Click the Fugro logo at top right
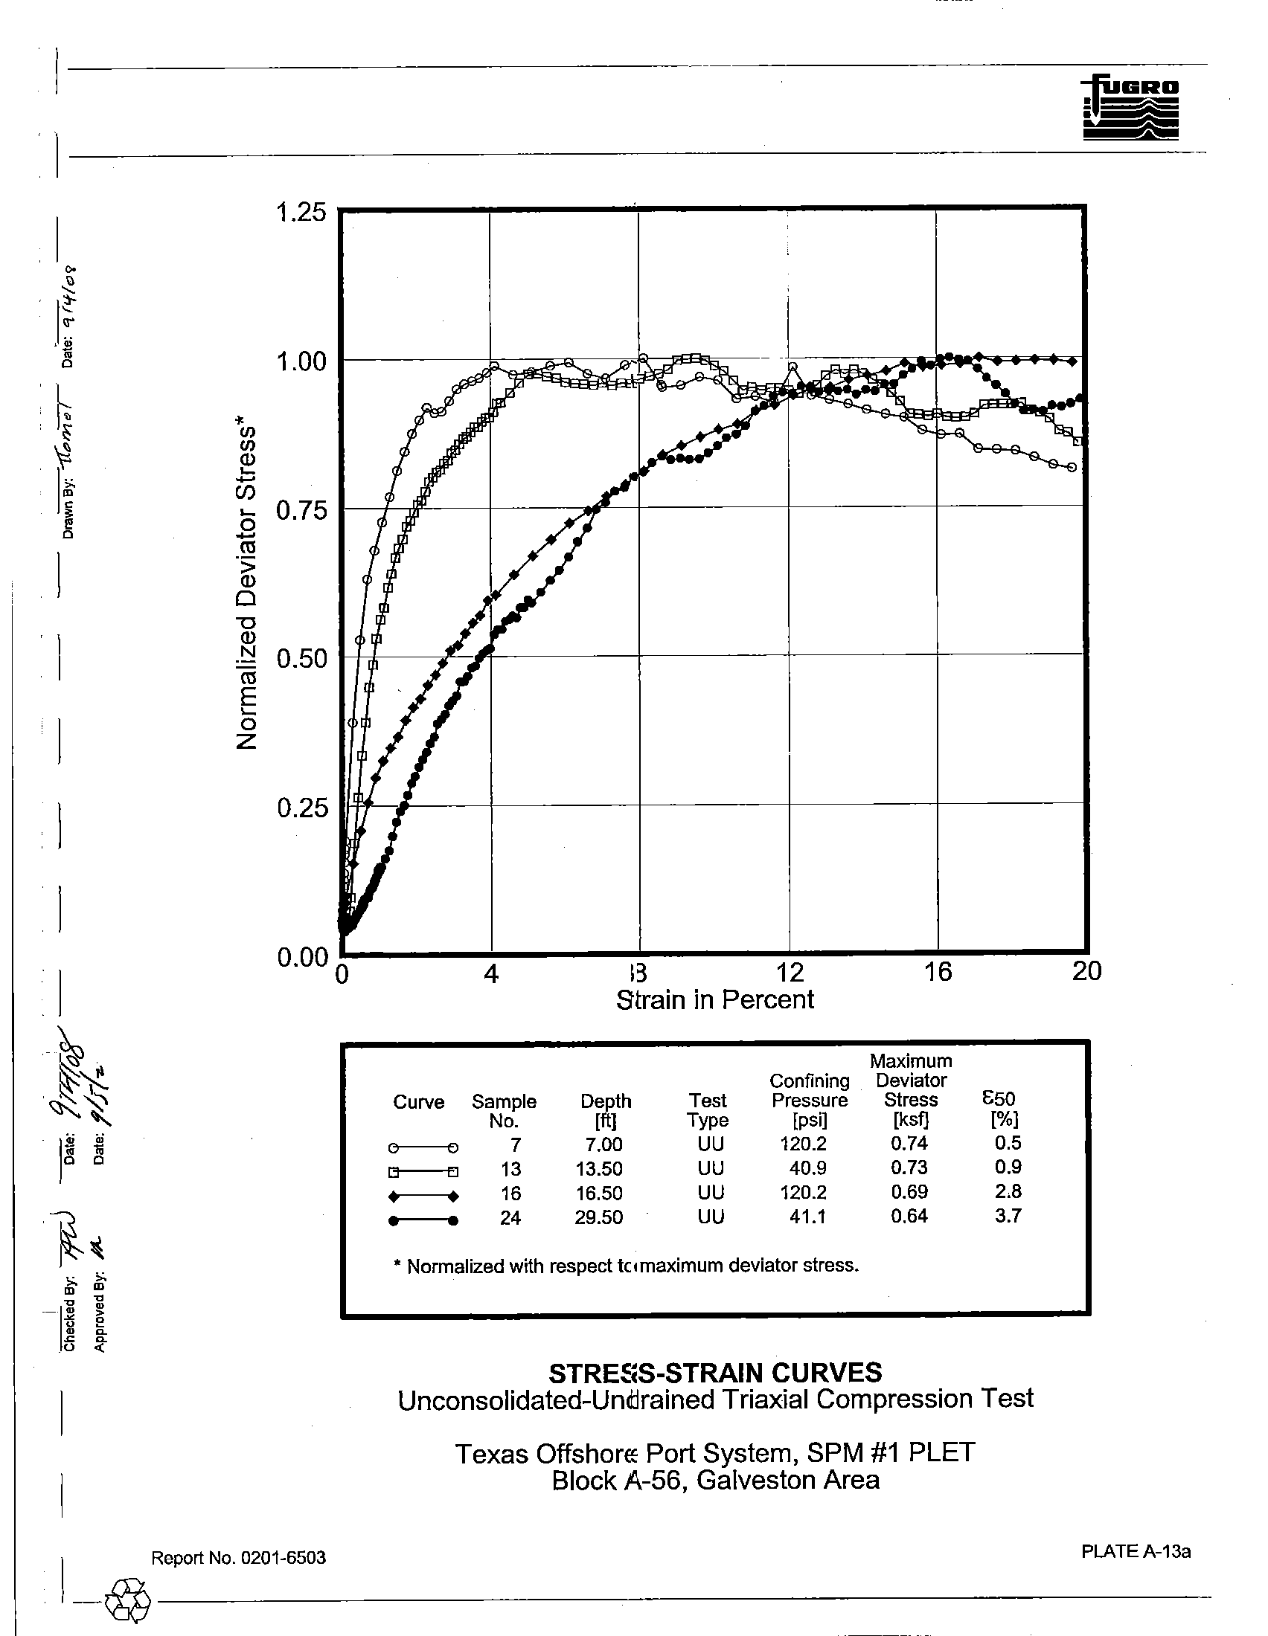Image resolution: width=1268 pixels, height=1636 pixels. [x=1130, y=107]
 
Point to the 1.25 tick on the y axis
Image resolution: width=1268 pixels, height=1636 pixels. [x=301, y=213]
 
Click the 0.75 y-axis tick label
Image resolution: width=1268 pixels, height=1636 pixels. [x=301, y=511]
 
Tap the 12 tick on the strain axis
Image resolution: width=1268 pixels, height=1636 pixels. [x=789, y=973]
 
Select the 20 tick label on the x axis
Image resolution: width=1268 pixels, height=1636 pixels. [x=1086, y=972]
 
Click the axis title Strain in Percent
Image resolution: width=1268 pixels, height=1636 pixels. [x=714, y=1000]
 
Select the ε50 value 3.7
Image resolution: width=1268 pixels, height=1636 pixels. [x=1008, y=1216]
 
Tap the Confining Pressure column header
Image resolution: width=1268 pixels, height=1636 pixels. [x=810, y=1100]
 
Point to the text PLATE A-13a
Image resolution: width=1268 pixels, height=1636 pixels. [x=1136, y=1551]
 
